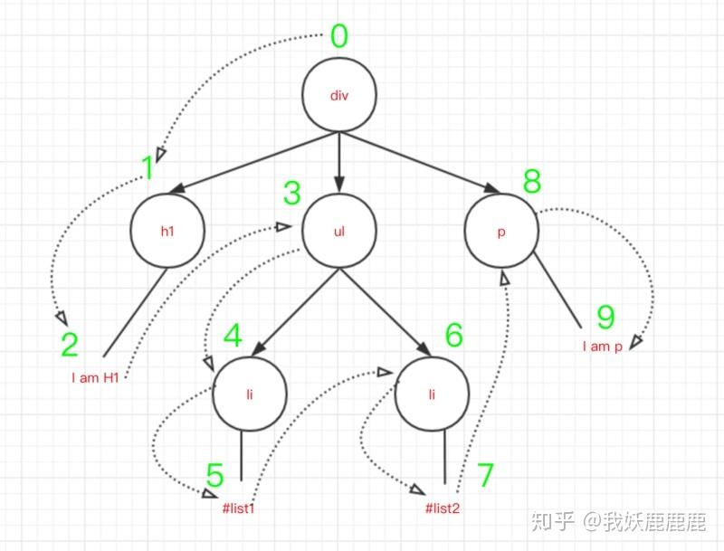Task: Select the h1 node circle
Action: pyautogui.click(x=167, y=232)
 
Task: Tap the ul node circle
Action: pyautogui.click(x=338, y=232)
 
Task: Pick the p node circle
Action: pyautogui.click(x=501, y=232)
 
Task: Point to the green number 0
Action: pyautogui.click(x=339, y=37)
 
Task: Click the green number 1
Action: pyautogui.click(x=148, y=167)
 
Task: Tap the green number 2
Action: pyautogui.click(x=70, y=344)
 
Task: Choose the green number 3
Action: pyautogui.click(x=291, y=193)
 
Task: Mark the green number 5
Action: pyautogui.click(x=214, y=475)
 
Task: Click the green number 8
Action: pyautogui.click(x=532, y=181)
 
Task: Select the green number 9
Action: pyautogui.click(x=605, y=318)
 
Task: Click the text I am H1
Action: pyautogui.click(x=97, y=377)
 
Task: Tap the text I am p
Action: pyautogui.click(x=602, y=347)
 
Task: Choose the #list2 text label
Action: pyautogui.click(x=443, y=508)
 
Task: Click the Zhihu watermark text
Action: pyautogui.click(x=617, y=521)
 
